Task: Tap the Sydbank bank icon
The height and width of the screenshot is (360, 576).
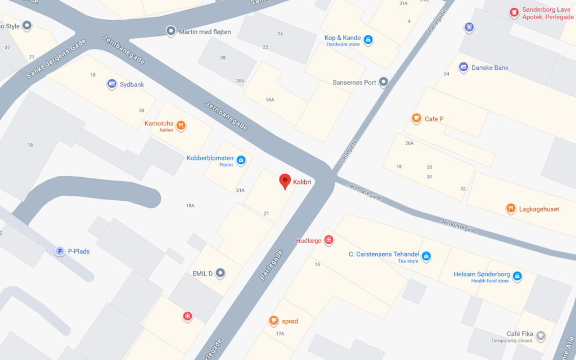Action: click(111, 84)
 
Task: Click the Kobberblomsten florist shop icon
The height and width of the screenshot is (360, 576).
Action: click(241, 160)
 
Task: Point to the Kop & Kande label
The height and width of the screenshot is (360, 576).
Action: click(343, 38)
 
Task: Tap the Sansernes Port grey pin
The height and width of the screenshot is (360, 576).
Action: click(384, 82)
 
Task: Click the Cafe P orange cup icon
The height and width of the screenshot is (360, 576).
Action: click(416, 119)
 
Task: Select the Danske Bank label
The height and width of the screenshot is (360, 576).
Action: click(489, 67)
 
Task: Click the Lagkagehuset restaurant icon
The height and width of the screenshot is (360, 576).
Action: click(511, 209)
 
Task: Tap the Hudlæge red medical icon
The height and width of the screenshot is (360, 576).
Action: click(329, 241)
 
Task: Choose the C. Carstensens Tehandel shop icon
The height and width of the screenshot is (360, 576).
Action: click(426, 256)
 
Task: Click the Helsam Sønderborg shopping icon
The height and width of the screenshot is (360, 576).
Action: click(517, 276)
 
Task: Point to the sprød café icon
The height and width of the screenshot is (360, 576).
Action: click(273, 321)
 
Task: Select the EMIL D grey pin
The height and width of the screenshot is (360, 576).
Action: click(220, 273)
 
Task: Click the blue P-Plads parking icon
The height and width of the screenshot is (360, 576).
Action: click(60, 251)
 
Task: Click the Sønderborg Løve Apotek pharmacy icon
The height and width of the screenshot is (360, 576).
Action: click(514, 12)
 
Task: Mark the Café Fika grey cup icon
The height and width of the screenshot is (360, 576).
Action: click(541, 336)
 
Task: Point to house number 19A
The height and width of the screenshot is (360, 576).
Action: click(190, 206)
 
